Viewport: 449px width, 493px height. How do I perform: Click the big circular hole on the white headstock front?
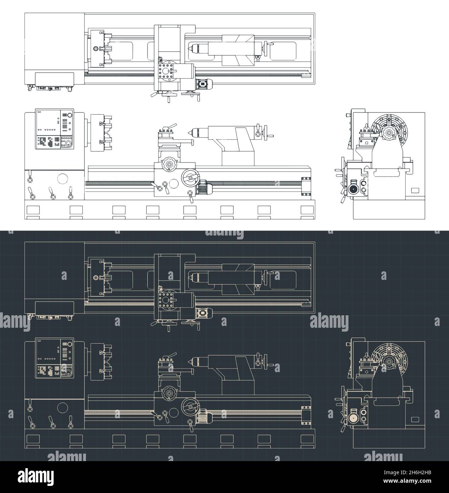pos(62,178)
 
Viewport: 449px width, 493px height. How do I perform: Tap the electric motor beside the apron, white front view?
pos(204,187)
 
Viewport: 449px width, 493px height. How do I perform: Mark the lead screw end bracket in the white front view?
pos(305,186)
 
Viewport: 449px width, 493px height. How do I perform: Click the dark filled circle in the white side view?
pos(353,189)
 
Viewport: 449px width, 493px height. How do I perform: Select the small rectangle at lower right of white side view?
pos(415,190)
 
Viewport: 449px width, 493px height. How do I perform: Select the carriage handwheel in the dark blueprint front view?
pos(190,406)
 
